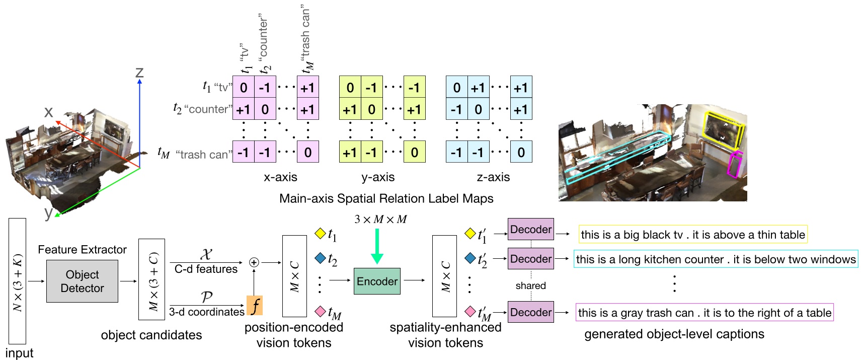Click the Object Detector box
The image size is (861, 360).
tap(82, 281)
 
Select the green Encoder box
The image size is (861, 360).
tap(377, 281)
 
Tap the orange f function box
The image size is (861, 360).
tap(255, 305)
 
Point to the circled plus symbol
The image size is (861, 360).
tap(254, 262)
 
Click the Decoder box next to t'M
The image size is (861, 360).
tap(530, 312)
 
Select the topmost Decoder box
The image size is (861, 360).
tap(530, 230)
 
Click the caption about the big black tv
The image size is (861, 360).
tap(692, 235)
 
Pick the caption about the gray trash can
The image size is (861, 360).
tap(704, 313)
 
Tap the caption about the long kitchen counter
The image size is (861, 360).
tap(715, 259)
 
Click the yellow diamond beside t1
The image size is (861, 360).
tap(320, 233)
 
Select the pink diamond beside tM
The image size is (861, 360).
tap(320, 311)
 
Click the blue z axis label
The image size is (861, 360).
tap(140, 72)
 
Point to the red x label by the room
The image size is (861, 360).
tap(48, 112)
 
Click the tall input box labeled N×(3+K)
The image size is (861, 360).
tap(17, 281)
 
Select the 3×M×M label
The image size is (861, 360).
tap(380, 220)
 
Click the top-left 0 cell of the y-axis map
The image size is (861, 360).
tap(350, 88)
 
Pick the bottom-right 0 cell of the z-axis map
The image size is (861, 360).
tap(521, 152)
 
